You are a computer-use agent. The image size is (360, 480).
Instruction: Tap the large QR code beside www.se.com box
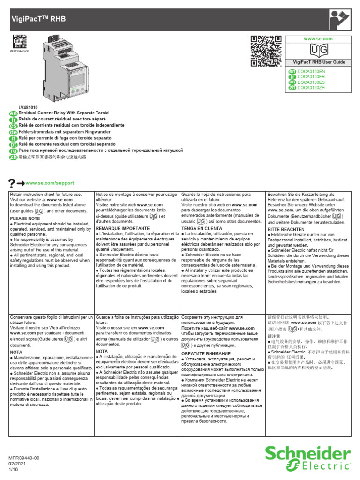click(264, 52)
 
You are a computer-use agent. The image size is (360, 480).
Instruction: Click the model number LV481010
click(28, 107)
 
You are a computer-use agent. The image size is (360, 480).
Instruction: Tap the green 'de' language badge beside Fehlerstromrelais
click(13, 132)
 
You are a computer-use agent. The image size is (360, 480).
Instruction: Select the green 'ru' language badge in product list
click(13, 151)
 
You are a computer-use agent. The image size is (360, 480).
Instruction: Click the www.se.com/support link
click(50, 183)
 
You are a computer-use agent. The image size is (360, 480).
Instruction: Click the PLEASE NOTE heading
click(25, 218)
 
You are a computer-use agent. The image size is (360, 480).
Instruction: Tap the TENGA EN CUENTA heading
click(202, 228)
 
